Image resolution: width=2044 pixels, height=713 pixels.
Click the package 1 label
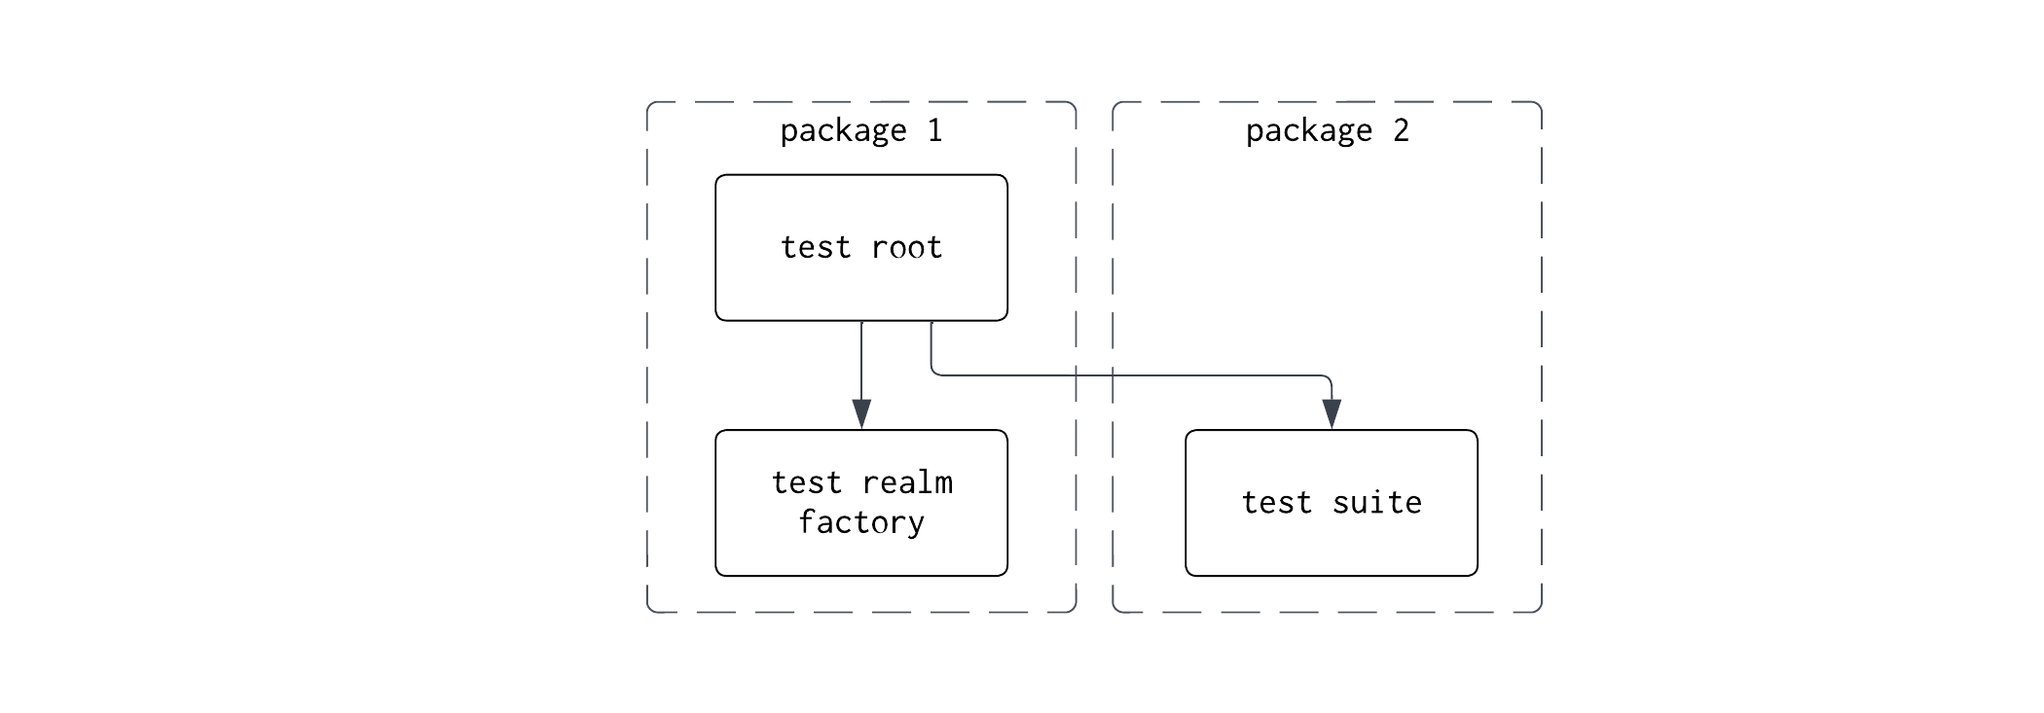coord(860,130)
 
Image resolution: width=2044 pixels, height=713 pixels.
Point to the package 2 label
coord(1327,130)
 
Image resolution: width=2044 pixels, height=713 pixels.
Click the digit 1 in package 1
coord(934,130)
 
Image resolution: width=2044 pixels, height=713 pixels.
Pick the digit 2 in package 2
coord(1401,130)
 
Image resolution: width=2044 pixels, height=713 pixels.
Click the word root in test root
coord(906,248)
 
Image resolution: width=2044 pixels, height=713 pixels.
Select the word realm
coord(907,482)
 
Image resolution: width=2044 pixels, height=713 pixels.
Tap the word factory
coord(860,522)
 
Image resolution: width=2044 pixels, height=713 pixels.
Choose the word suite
coord(1376,503)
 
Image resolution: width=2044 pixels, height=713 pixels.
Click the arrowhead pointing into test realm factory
coord(861,413)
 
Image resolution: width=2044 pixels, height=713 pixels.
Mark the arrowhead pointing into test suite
coord(1332,413)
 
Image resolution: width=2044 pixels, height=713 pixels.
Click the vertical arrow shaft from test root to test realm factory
coord(861,360)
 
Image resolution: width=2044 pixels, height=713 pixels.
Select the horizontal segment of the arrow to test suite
coord(1129,374)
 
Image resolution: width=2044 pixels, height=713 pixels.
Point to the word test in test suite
coord(1276,503)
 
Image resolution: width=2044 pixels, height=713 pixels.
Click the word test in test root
coord(816,248)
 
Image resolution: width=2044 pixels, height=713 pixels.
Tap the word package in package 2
coord(1308,130)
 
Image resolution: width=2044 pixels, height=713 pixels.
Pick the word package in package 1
coord(843,130)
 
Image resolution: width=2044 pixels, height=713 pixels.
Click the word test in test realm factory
coord(806,482)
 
